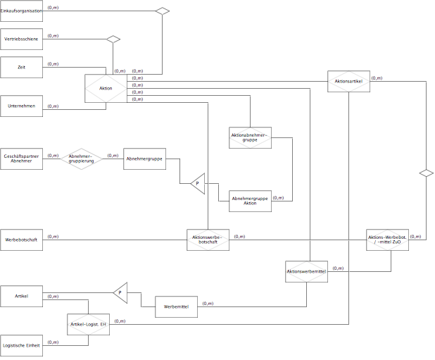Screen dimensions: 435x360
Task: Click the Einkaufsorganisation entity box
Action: [21, 11]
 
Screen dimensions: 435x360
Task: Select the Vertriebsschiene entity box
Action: [21, 39]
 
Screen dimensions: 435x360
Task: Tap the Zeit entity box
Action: [21, 67]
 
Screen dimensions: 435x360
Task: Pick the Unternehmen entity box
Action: [21, 106]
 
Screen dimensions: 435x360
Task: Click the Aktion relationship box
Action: [106, 88]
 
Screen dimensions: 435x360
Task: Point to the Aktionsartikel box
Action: [348, 81]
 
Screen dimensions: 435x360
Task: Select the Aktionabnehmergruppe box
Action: [250, 137]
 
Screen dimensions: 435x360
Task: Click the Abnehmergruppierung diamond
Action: [81, 159]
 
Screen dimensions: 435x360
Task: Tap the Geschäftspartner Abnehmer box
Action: [21, 159]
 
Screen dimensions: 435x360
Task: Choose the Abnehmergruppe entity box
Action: [144, 159]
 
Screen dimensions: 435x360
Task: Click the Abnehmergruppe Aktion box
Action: [250, 201]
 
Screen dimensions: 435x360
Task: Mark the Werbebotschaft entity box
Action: [21, 240]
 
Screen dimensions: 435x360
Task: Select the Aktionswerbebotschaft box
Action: [208, 240]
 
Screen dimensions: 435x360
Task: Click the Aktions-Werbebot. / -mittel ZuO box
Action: [387, 240]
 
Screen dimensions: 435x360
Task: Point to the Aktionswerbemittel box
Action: [306, 271]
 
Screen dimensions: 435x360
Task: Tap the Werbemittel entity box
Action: [176, 306]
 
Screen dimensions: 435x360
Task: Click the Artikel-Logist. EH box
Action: [88, 324]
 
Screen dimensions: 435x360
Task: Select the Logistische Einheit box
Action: [21, 346]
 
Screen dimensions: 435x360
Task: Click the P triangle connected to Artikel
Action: [120, 293]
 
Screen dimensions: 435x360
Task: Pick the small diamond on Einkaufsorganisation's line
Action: [163, 11]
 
